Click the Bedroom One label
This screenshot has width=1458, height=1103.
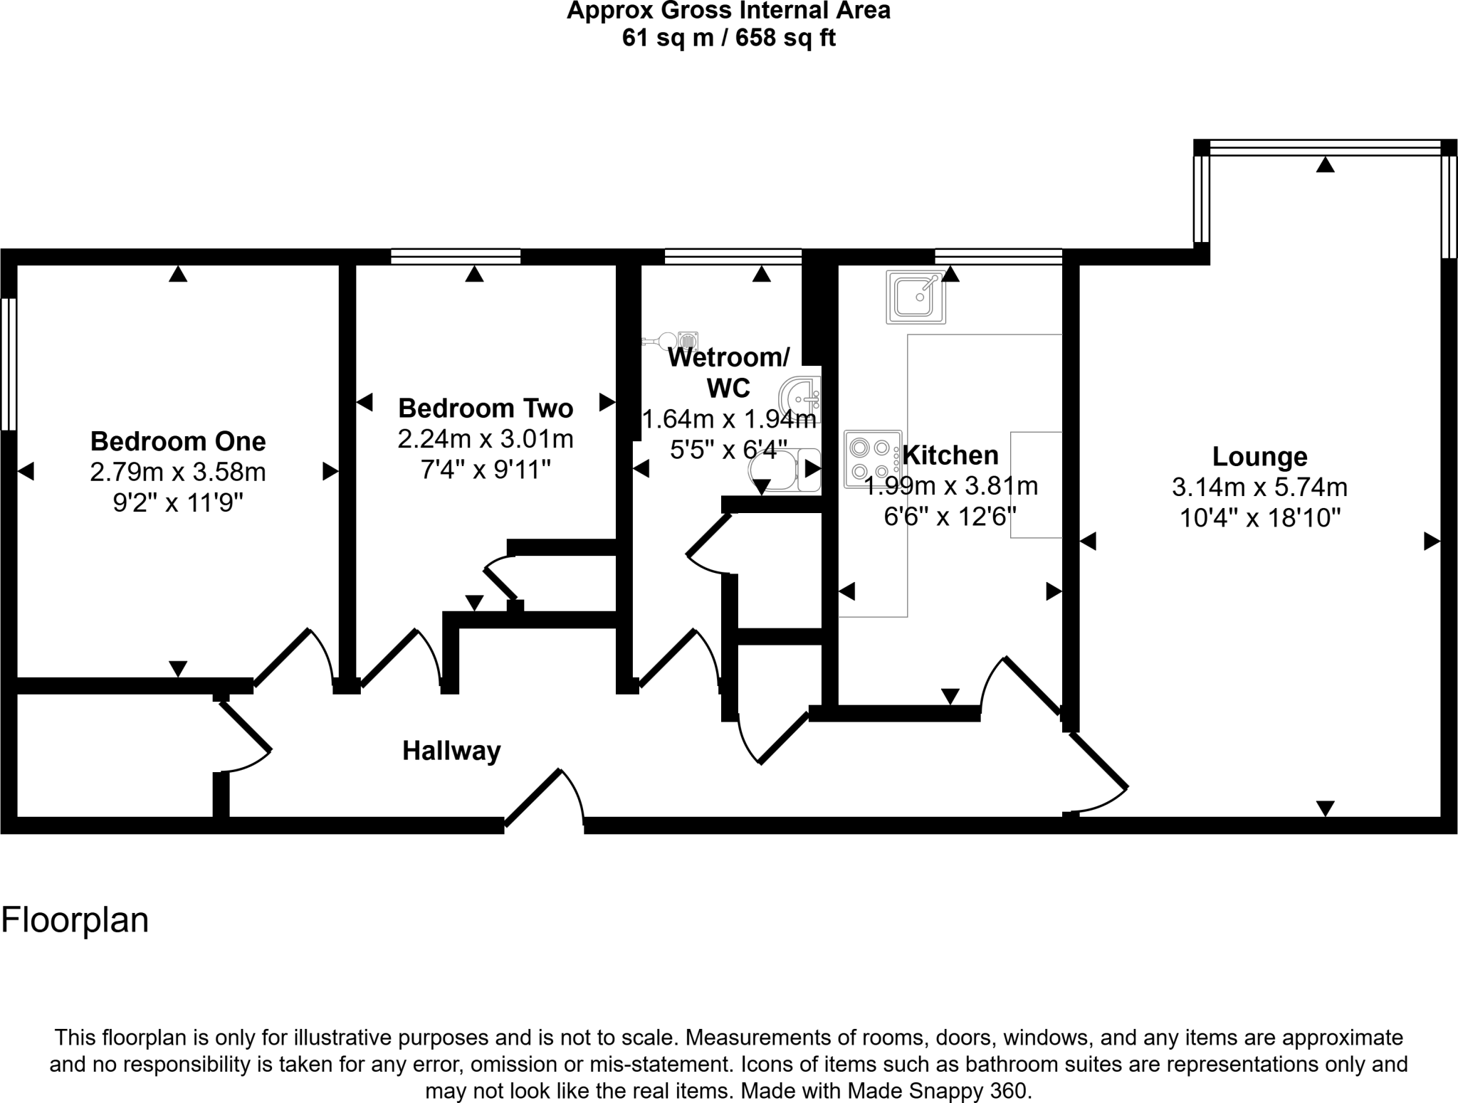(x=178, y=441)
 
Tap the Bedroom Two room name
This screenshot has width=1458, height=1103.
(x=486, y=408)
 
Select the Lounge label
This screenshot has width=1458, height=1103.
(x=1259, y=456)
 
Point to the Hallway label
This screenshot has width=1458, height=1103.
(x=451, y=751)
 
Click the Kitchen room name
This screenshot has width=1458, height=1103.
(x=950, y=455)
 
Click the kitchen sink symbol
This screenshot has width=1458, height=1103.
(x=916, y=297)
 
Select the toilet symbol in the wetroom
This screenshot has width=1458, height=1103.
(x=783, y=471)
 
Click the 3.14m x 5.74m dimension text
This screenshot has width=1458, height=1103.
(x=1259, y=487)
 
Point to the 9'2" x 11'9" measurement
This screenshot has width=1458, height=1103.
(x=178, y=504)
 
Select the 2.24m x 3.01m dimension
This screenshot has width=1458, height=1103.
(x=486, y=439)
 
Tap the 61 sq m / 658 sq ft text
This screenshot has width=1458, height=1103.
(x=728, y=37)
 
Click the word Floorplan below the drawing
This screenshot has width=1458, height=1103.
(x=75, y=920)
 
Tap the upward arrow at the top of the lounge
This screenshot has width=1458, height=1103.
(x=1325, y=165)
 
